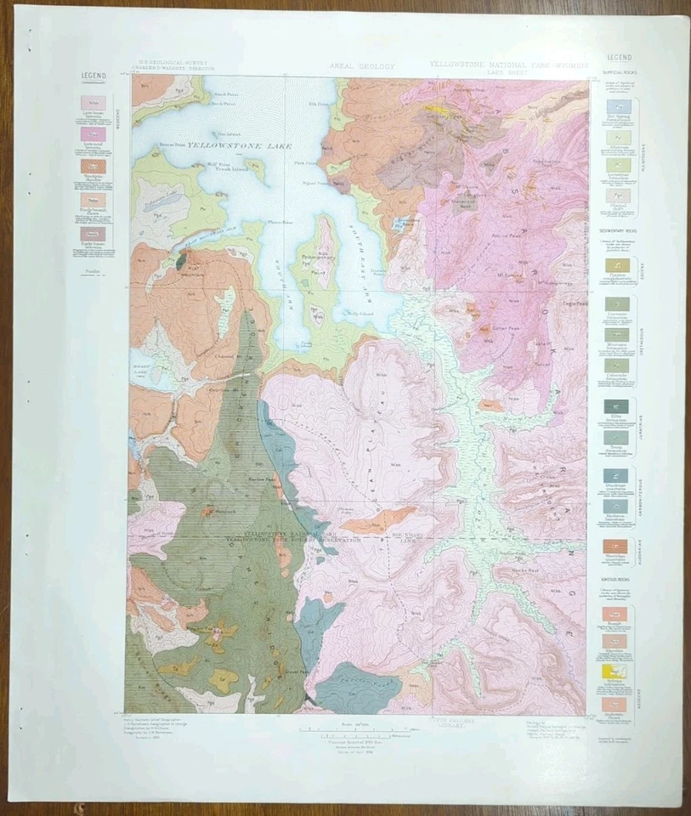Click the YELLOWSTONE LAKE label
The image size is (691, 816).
pos(234,146)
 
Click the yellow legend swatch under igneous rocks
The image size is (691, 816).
pos(619,671)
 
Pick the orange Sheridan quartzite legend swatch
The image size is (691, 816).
pos(619,547)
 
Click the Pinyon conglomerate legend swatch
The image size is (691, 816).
pos(619,265)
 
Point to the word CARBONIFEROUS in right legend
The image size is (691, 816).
pos(645,493)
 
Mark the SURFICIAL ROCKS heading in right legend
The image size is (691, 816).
pos(620,72)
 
